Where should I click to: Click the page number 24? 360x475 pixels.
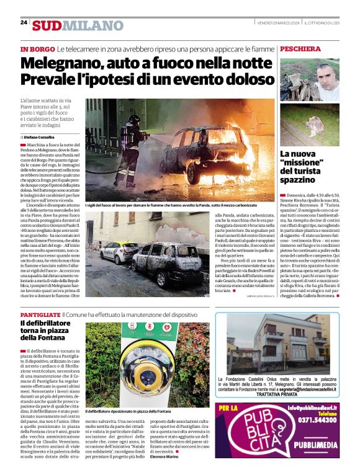coord(24,23)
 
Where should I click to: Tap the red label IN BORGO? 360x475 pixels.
coord(37,48)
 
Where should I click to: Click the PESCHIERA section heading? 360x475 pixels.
coord(300,48)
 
